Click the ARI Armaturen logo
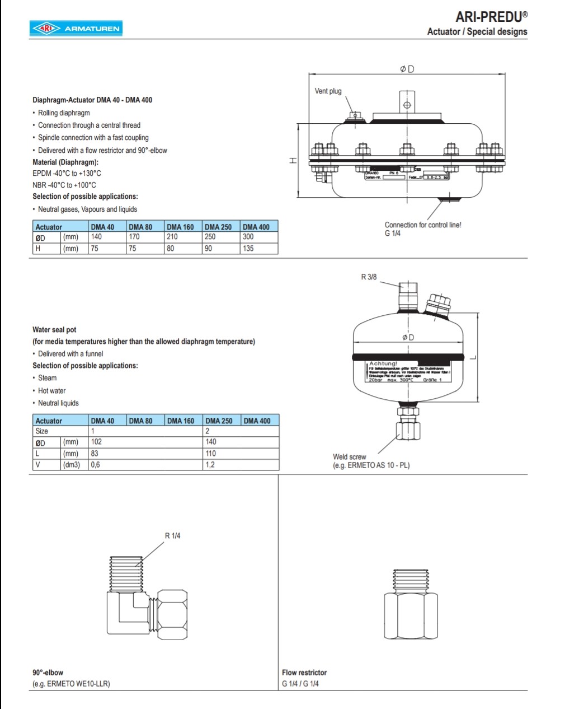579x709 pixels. [x=76, y=29]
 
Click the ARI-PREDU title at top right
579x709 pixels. [x=491, y=17]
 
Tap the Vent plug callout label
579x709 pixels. [x=328, y=91]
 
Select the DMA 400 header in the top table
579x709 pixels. [x=256, y=227]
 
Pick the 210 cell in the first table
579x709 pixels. [x=172, y=237]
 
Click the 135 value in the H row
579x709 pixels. [x=248, y=249]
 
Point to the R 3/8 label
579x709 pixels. [x=369, y=277]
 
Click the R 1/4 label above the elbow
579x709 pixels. [x=172, y=536]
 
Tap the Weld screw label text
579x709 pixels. [x=350, y=457]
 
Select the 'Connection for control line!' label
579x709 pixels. [x=422, y=225]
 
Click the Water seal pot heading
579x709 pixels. [x=54, y=330]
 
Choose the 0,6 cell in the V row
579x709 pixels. [x=96, y=465]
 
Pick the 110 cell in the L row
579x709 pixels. [x=210, y=454]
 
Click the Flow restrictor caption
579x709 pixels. [x=304, y=673]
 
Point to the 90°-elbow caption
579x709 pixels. [x=48, y=673]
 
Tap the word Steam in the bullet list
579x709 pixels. [x=47, y=378]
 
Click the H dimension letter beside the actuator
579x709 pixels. [x=292, y=161]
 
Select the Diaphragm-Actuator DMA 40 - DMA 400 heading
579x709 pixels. [x=92, y=100]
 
